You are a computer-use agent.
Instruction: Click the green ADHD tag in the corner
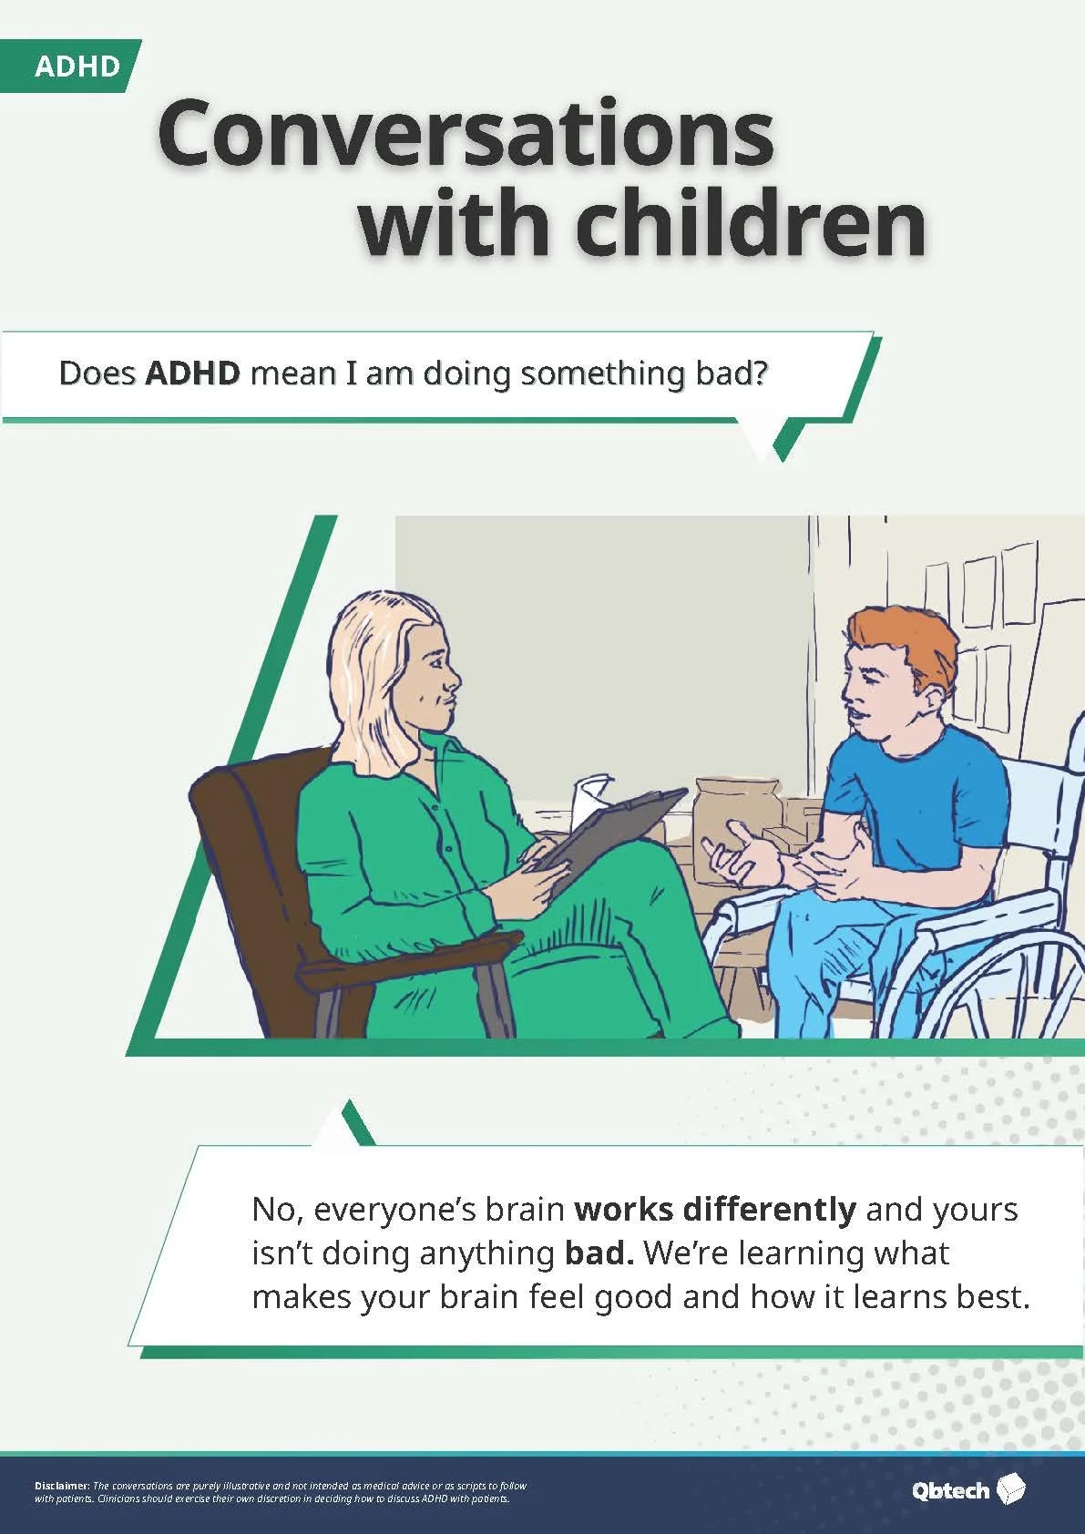point(77,66)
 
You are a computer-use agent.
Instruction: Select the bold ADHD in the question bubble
point(192,373)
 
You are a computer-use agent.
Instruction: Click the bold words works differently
point(715,1210)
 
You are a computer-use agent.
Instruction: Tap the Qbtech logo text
point(950,1490)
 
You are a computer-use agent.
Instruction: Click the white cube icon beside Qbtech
point(1011,1488)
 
